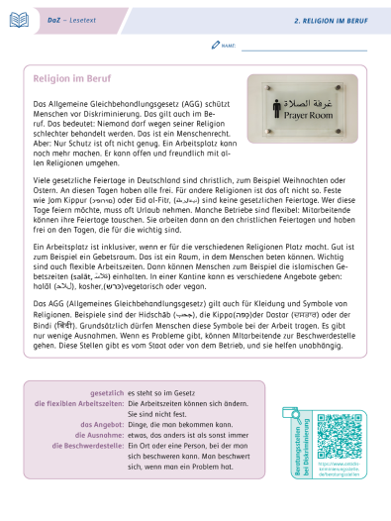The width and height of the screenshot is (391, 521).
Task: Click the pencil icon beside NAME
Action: [x=216, y=46]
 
